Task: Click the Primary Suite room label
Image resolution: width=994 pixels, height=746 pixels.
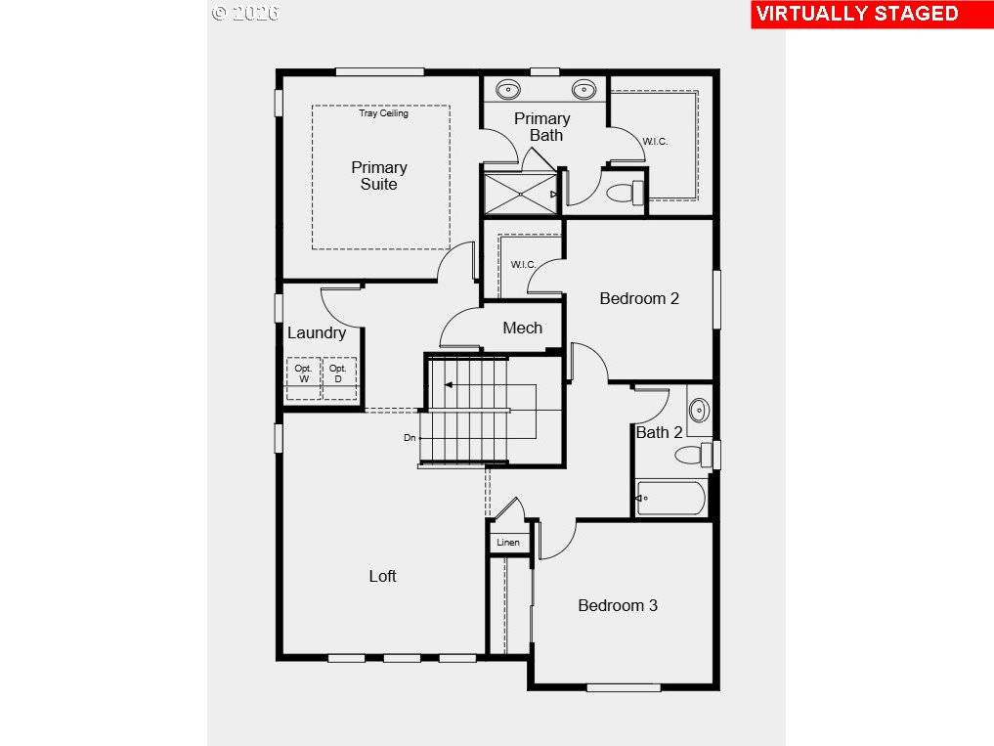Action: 378,176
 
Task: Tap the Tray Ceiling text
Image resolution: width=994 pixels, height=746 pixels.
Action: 383,113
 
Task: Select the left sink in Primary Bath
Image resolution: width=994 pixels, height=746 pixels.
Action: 507,90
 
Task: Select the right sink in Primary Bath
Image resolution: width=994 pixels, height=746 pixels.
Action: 583,90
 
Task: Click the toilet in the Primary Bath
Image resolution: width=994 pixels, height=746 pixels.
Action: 626,193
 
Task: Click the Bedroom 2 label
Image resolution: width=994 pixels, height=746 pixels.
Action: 639,298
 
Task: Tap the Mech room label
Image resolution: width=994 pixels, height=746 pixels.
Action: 522,328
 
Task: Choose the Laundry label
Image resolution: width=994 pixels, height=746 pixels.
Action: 317,332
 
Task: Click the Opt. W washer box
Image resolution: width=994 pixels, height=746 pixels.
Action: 303,378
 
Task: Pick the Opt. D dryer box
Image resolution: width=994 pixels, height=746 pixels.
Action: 338,378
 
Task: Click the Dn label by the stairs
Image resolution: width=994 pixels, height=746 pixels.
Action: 410,437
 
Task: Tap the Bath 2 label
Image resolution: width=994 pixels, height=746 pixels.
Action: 659,432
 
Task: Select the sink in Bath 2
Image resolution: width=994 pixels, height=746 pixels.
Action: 699,410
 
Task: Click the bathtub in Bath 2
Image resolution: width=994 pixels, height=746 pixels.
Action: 670,498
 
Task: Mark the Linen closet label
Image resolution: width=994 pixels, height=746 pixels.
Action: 508,542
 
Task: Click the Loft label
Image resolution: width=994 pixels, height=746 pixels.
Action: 382,576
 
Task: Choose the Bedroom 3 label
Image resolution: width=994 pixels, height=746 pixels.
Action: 618,605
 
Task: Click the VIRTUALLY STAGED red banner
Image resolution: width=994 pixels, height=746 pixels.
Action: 856,14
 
